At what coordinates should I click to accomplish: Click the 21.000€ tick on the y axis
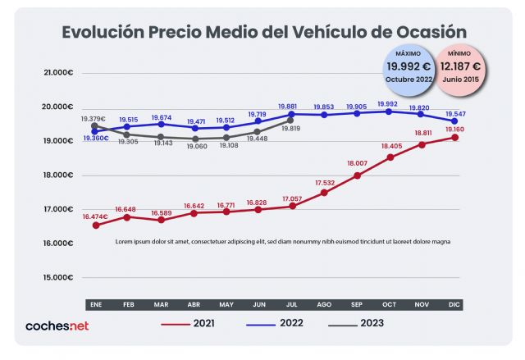coord(59,72)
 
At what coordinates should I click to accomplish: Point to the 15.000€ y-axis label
coord(59,277)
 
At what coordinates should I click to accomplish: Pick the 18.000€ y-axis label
coord(59,175)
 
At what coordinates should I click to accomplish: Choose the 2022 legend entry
coord(291,323)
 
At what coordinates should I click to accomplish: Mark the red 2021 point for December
coord(454,138)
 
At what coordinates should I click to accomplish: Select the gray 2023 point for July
coord(290,120)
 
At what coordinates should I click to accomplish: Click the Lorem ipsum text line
coord(283,242)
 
